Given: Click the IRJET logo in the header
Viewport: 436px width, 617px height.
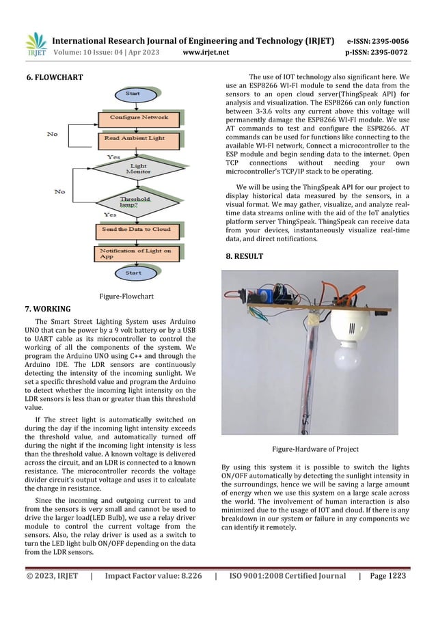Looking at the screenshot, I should [36, 43].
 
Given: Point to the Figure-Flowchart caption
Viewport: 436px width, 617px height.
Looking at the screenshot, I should [126, 297].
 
